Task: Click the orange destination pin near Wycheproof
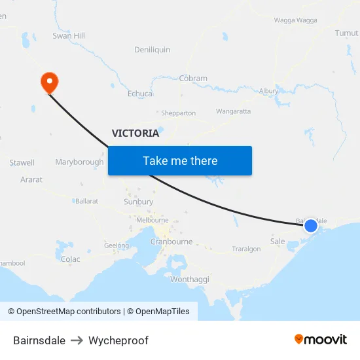point(49,82)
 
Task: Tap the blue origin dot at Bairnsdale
point(311,226)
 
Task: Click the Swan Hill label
point(69,36)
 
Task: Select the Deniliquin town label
point(152,50)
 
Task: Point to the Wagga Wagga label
point(295,20)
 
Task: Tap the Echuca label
point(140,94)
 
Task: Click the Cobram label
point(193,79)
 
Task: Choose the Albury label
point(268,91)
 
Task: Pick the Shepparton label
point(178,113)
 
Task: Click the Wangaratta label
point(233,111)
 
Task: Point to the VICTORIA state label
point(135,134)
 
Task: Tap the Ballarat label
point(86,201)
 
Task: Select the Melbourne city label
point(153,221)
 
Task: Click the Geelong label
point(117,245)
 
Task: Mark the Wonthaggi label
point(190,279)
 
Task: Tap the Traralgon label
point(247,249)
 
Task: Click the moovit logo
point(321,339)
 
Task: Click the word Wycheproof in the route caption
point(118,340)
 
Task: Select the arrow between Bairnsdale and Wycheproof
point(77,340)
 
